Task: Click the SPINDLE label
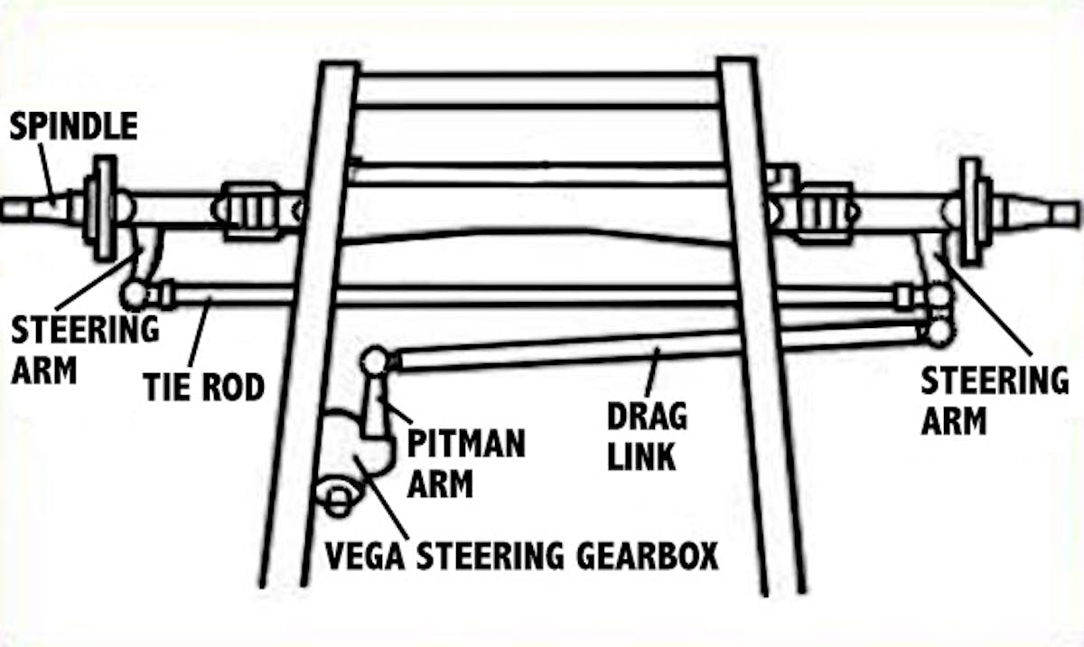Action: [x=73, y=126]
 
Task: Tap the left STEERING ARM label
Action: [x=85, y=348]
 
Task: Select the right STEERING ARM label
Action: [x=994, y=399]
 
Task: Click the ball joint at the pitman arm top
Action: [x=372, y=361]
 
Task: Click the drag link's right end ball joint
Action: [x=939, y=331]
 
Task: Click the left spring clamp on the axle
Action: [x=254, y=210]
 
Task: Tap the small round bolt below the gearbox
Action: [x=337, y=498]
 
